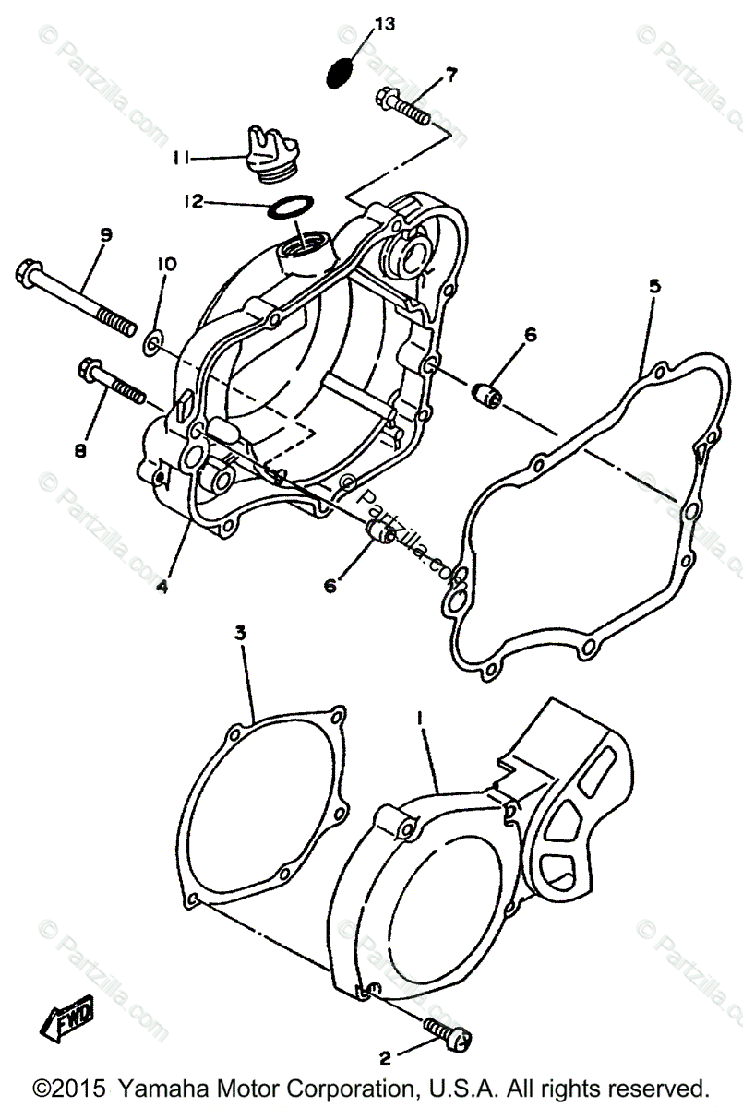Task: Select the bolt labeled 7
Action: tap(403, 107)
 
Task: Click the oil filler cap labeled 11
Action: tap(268, 151)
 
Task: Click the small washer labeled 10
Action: tap(150, 345)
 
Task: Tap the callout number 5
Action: tap(653, 287)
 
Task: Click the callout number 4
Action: tap(162, 585)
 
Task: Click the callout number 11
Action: tap(181, 159)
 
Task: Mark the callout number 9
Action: tap(105, 236)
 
